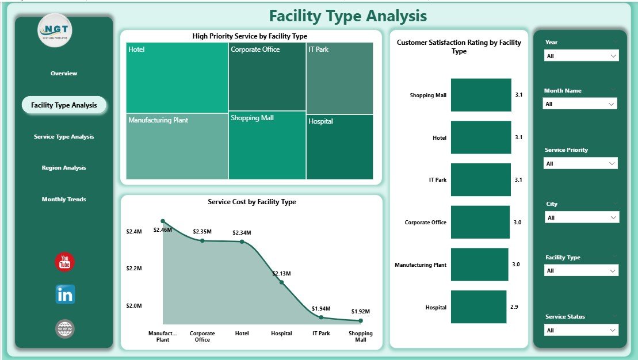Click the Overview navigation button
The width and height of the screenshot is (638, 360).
(64, 74)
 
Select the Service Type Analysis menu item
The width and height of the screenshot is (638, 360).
(64, 137)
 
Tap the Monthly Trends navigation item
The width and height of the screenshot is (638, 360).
(64, 200)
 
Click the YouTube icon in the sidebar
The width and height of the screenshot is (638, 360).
(64, 262)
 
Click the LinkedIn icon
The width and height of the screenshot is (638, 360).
(65, 294)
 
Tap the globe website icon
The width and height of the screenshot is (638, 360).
(65, 329)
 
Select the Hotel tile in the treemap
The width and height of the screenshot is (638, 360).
(177, 78)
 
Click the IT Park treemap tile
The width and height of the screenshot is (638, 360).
(339, 78)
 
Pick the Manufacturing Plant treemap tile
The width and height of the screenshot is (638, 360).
(177, 147)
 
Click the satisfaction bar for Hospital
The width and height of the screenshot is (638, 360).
(479, 307)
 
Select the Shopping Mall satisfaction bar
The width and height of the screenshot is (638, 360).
(481, 95)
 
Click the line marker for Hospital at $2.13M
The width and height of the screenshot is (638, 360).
(281, 282)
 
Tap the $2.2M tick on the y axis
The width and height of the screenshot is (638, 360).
(135, 269)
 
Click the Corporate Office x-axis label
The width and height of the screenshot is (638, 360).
(203, 336)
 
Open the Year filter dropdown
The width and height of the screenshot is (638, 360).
(581, 56)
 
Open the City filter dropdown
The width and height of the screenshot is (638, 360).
(581, 218)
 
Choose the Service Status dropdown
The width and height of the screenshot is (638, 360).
(581, 330)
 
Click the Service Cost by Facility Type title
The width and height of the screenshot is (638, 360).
(251, 202)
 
